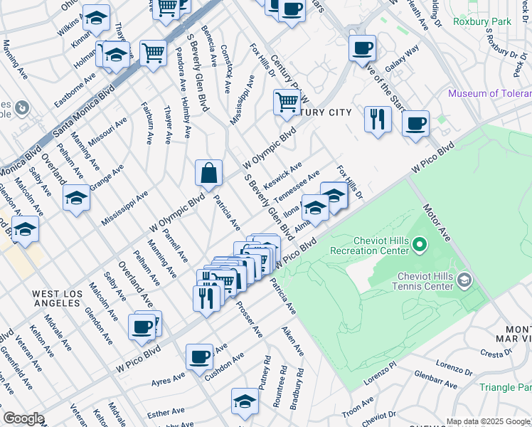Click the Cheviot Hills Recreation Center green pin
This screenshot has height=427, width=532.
click(x=420, y=247)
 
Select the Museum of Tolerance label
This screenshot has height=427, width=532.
click(x=489, y=94)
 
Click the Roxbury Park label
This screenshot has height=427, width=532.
click(x=506, y=22)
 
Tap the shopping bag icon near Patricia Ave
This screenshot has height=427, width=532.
click(x=209, y=174)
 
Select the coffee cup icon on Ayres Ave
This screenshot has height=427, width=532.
click(x=199, y=357)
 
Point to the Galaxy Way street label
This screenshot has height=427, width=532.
click(x=402, y=58)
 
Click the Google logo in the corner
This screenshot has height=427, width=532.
click(x=24, y=418)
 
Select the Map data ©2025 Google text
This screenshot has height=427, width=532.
click(x=488, y=421)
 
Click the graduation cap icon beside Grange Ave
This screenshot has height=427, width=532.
click(x=76, y=199)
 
